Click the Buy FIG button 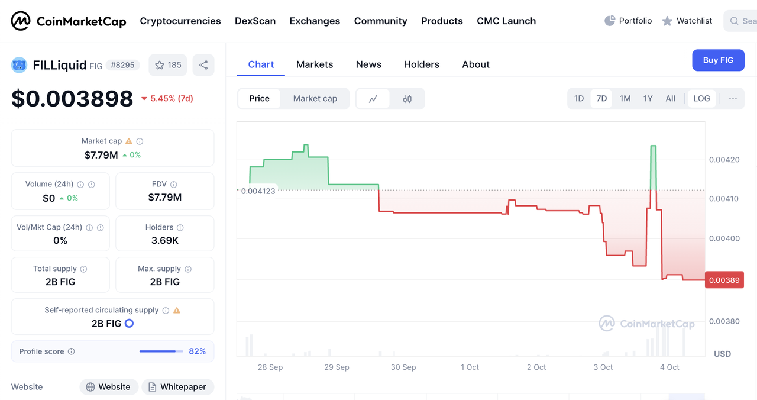718,60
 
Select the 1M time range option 625,99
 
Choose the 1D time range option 579,99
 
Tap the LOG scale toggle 701,99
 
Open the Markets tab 315,64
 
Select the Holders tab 421,64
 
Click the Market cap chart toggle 315,99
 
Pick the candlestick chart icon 407,99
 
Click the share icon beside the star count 203,65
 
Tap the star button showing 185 168,65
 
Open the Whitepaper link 177,387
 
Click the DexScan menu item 255,21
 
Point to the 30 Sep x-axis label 403,367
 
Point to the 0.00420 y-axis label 724,160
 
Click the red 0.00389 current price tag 724,280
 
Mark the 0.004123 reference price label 258,191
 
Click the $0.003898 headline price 72,99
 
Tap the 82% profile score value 197,351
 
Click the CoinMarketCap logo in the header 69,21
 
